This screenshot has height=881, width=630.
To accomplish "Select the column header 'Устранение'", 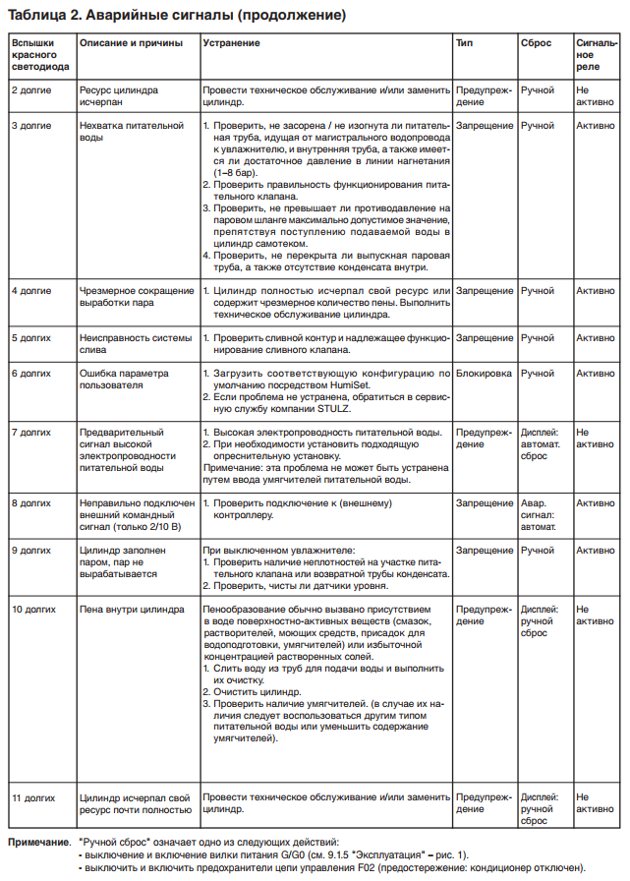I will pyautogui.click(x=231, y=43).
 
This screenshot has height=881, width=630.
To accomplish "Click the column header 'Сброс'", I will pyautogui.click(x=536, y=43).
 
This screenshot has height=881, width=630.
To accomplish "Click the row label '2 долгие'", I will pyautogui.click(x=31, y=89).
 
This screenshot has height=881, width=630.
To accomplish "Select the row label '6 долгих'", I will pyautogui.click(x=31, y=374).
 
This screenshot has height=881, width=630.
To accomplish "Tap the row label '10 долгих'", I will pyautogui.click(x=34, y=609).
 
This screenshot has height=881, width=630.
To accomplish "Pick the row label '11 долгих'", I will pyautogui.click(x=34, y=796).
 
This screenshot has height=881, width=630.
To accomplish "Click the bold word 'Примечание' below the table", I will pyautogui.click(x=40, y=844).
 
